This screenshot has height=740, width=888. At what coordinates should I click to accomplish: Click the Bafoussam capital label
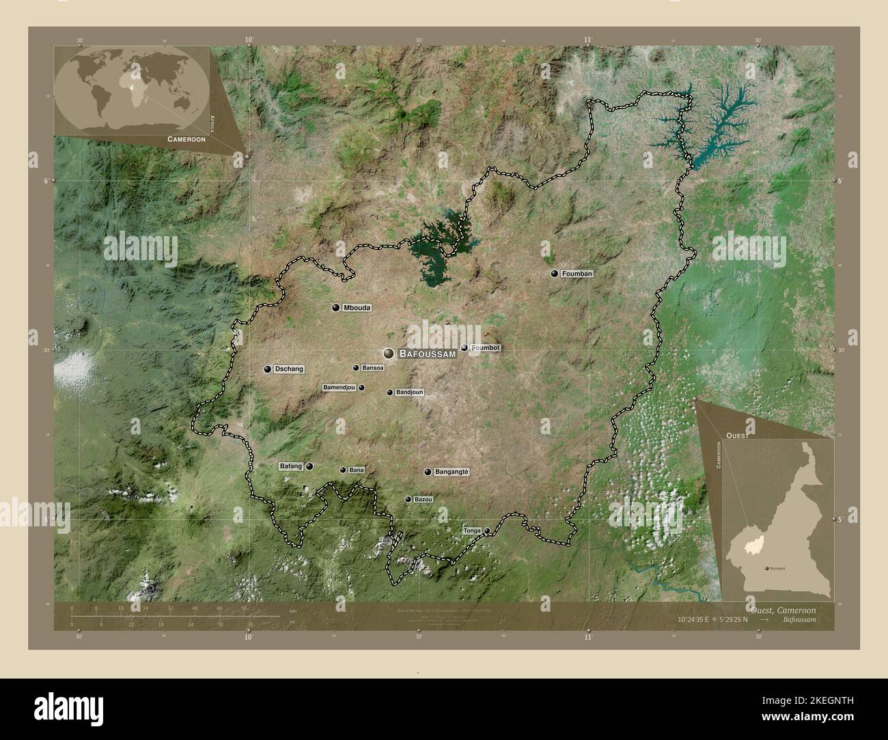tap(427, 354)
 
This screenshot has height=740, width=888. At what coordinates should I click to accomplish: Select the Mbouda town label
tap(357, 308)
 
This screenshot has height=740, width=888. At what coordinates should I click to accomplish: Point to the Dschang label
tap(288, 369)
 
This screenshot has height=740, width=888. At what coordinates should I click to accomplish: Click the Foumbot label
tap(486, 347)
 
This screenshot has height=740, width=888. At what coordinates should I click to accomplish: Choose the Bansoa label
tap(373, 368)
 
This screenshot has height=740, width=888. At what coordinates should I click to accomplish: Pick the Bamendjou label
tap(339, 388)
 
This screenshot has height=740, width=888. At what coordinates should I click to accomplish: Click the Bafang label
tap(290, 466)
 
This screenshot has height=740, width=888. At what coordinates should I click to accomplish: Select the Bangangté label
tap(452, 472)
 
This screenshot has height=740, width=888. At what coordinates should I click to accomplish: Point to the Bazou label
tap(423, 500)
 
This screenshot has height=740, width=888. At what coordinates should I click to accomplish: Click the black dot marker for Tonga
tap(487, 530)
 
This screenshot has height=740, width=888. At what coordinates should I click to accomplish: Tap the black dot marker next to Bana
tap(343, 470)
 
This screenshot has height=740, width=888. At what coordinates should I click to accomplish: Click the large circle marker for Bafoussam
tap(389, 354)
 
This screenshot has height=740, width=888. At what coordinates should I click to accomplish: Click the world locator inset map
tap(131, 89)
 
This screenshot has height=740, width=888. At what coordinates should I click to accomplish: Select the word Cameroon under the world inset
tap(186, 139)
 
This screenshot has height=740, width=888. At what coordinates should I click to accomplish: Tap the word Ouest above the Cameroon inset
tap(737, 435)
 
